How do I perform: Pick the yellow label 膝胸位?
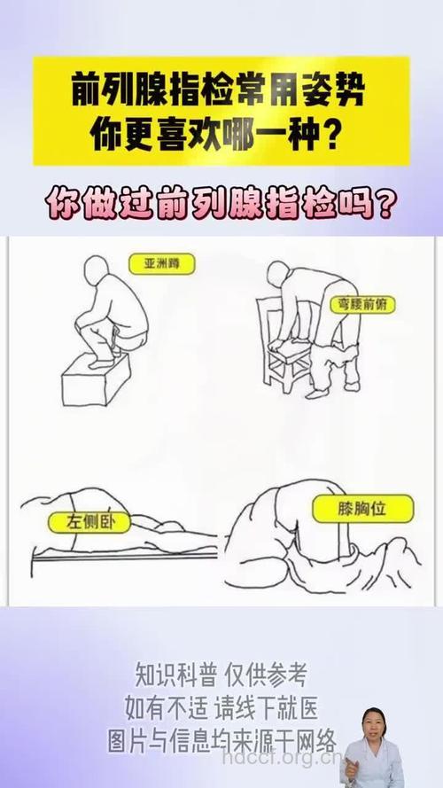[x=351, y=510]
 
